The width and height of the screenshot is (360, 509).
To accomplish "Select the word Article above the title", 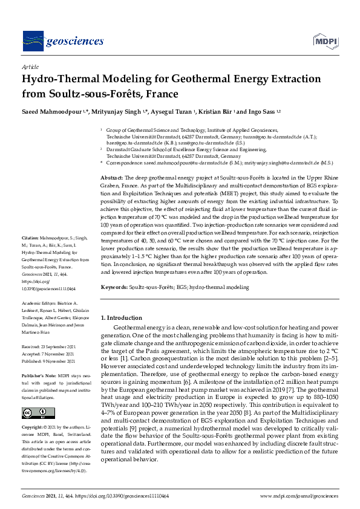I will click(x=30, y=66).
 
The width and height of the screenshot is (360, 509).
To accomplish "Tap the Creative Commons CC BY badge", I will click(x=36, y=413).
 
